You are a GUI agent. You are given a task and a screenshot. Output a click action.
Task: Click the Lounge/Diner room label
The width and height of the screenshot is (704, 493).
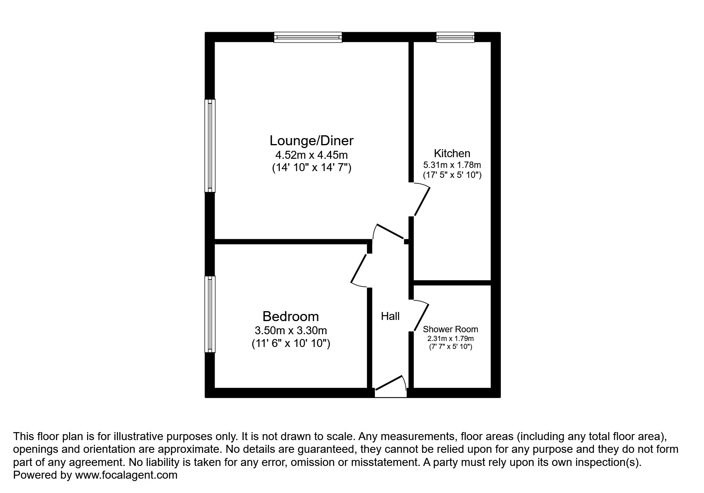coord(311,141)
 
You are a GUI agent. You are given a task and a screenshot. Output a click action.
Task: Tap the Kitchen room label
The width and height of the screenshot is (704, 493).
coord(452,153)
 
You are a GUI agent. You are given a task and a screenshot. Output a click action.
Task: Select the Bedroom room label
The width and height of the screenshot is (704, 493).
coord(291,316)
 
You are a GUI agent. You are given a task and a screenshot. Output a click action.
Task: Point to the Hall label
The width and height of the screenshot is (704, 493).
coord(390,316)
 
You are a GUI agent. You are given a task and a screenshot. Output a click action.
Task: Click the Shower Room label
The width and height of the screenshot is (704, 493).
coord(450,329)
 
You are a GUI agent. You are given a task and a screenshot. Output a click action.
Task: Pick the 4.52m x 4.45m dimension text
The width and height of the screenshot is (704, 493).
coord(311,155)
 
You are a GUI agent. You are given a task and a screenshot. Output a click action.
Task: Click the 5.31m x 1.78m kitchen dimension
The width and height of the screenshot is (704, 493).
coord(452,165)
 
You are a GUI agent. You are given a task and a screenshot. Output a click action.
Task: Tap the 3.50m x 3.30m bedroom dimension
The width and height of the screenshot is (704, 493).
coord(291,330)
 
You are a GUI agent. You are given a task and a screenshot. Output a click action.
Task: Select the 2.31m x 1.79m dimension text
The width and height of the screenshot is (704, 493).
coord(450,339)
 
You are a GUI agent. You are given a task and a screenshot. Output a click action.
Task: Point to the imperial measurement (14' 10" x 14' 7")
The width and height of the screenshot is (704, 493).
coord(311,168)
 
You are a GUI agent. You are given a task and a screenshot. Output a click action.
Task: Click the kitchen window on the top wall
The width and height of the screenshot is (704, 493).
coord(455,37)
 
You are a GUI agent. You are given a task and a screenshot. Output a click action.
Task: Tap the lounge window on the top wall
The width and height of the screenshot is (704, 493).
coord(308,37)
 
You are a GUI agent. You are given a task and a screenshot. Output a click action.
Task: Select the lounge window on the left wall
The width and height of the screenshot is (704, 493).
coord(210,146)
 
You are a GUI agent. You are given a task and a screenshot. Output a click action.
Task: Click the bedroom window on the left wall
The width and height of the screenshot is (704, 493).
coord(210,314)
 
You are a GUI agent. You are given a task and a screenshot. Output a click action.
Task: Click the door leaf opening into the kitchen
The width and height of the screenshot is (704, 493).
coord(421,201)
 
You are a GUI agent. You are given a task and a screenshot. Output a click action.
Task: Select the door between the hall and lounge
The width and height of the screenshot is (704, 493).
coord(390,232)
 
